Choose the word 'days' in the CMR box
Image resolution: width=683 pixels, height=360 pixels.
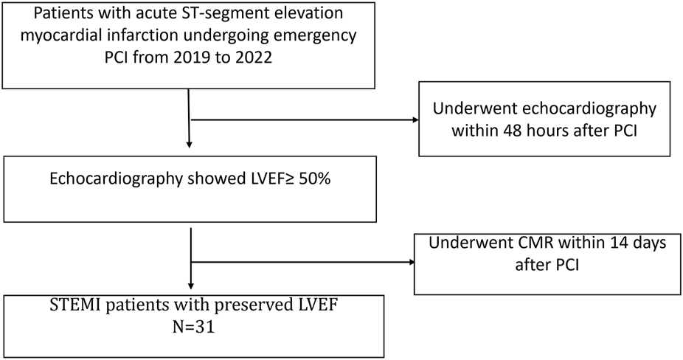(631, 245)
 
